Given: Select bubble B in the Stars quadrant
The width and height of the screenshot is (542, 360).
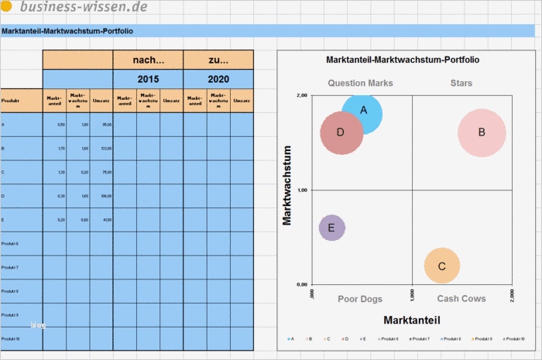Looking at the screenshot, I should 482,132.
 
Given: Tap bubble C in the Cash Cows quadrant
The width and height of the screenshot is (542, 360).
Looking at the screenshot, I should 441,266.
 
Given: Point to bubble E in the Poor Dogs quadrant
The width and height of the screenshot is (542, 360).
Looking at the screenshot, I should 331,228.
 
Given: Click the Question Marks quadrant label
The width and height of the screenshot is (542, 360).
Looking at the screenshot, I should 360,83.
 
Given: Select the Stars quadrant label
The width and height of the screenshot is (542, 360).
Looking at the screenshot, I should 461,83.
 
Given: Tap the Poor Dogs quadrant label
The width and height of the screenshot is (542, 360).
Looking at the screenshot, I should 360,299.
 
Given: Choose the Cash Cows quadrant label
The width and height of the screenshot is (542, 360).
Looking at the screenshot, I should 461,299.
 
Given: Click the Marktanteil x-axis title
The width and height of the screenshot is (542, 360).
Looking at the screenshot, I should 412,320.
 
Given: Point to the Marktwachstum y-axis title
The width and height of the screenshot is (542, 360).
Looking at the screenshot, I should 287,186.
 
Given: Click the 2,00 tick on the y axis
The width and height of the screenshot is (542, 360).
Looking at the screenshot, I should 302,95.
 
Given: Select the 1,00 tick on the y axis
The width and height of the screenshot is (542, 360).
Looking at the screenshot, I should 302,190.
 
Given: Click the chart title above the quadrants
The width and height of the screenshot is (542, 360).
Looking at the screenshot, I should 403,59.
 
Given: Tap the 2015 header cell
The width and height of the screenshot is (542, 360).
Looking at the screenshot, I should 148,79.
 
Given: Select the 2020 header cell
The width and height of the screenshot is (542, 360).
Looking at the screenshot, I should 218,79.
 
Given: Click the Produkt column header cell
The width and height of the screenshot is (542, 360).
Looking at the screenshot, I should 21,101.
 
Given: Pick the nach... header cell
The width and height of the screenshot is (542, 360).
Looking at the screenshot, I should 148,60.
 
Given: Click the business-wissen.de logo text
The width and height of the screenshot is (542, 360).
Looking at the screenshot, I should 84,8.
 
